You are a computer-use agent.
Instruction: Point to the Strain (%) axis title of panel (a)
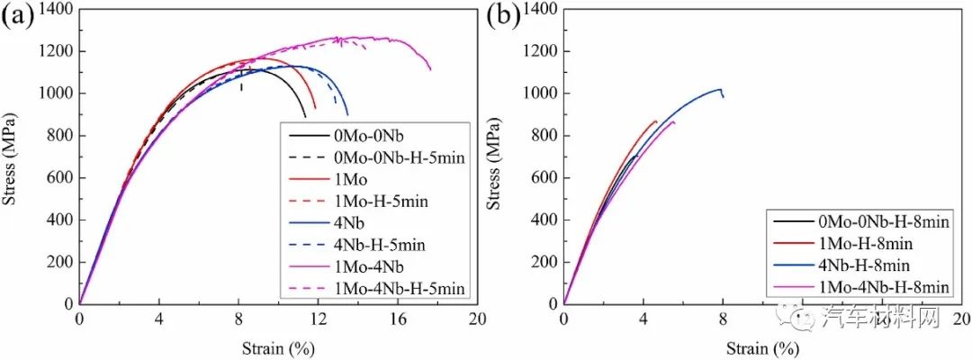pos(277,346)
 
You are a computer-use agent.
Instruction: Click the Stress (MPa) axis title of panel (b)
pos(496,157)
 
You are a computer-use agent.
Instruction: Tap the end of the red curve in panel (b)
pos(656,121)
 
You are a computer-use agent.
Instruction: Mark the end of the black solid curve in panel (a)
pos(305,117)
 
